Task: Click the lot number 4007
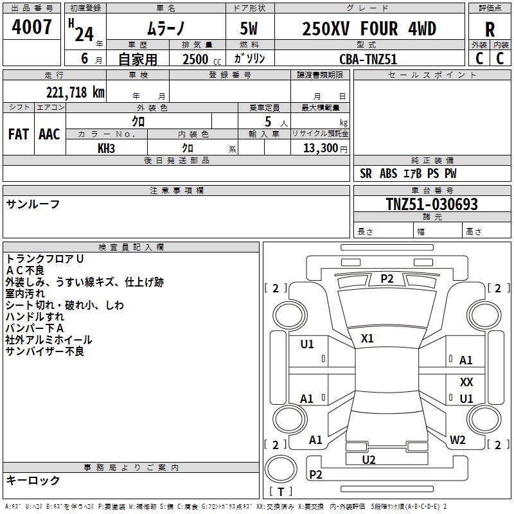pos(32,28)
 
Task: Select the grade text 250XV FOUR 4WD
pos(369,29)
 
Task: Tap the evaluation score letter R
pos(490,30)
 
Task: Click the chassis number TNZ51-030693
pos(432,204)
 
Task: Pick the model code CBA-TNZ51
pos(368,58)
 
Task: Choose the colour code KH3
pos(106,148)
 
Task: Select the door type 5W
pos(249,30)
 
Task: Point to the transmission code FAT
pos(19,134)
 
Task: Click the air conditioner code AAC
pos(49,134)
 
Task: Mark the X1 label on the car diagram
pos(368,338)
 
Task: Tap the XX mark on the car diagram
pos(466,382)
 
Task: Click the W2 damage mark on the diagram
pos(457,440)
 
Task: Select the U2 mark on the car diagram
pos(369,459)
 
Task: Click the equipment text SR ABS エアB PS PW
pos(408,173)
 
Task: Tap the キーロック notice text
pos(33,480)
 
